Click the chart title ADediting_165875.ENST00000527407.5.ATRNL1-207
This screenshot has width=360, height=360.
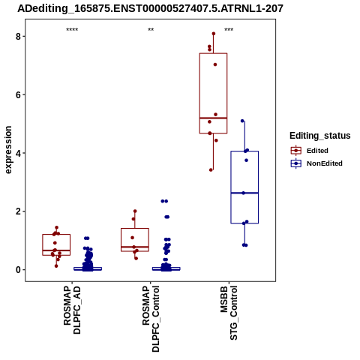click(x=150, y=9)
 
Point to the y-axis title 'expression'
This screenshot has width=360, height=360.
click(x=8, y=150)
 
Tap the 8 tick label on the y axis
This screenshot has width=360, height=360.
click(x=18, y=37)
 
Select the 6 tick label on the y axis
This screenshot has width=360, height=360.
click(x=18, y=94)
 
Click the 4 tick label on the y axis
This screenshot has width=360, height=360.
click(x=18, y=153)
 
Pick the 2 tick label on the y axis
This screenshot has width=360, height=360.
click(x=18, y=211)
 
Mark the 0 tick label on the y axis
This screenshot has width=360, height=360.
click(x=18, y=270)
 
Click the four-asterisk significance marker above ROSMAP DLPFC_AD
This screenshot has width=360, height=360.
click(x=72, y=30)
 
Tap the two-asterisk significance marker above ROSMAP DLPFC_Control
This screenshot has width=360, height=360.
click(x=151, y=30)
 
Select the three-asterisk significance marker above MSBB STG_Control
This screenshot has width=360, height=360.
click(x=229, y=30)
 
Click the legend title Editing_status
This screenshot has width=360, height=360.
click(x=320, y=136)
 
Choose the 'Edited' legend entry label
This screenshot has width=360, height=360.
click(x=317, y=151)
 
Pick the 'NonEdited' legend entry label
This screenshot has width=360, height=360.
click(x=325, y=163)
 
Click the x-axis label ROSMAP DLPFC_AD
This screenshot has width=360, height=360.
click(x=72, y=310)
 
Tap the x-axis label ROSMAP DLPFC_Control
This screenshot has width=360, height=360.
click(x=151, y=319)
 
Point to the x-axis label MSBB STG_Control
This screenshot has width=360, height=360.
click(x=229, y=313)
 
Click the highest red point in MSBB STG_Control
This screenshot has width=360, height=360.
click(x=214, y=34)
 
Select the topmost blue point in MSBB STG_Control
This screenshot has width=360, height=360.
click(x=242, y=121)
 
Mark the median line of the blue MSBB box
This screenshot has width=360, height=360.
click(x=244, y=193)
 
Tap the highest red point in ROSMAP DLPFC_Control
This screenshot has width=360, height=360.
click(x=135, y=211)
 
